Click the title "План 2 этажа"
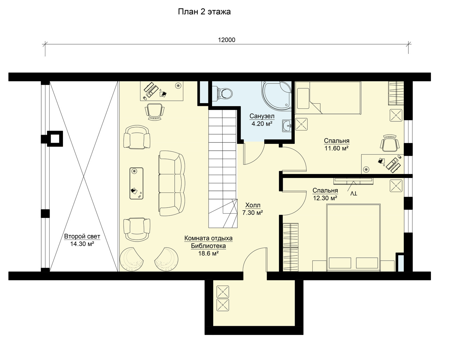click(x=204, y=12)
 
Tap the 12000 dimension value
click(x=227, y=40)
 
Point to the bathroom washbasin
click(x=287, y=126)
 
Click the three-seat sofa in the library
click(x=172, y=183)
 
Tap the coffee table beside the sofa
click(x=136, y=183)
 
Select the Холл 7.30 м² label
click(x=253, y=209)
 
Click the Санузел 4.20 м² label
click(x=262, y=120)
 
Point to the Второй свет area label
click(x=82, y=240)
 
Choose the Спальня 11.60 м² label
click(x=337, y=144)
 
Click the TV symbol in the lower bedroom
click(x=353, y=190)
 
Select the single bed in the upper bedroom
click(x=328, y=98)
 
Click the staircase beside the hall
click(x=223, y=169)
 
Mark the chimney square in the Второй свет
click(x=55, y=139)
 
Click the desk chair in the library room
click(x=154, y=112)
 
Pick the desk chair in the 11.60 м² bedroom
click(x=390, y=143)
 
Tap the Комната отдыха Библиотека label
click(x=208, y=246)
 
